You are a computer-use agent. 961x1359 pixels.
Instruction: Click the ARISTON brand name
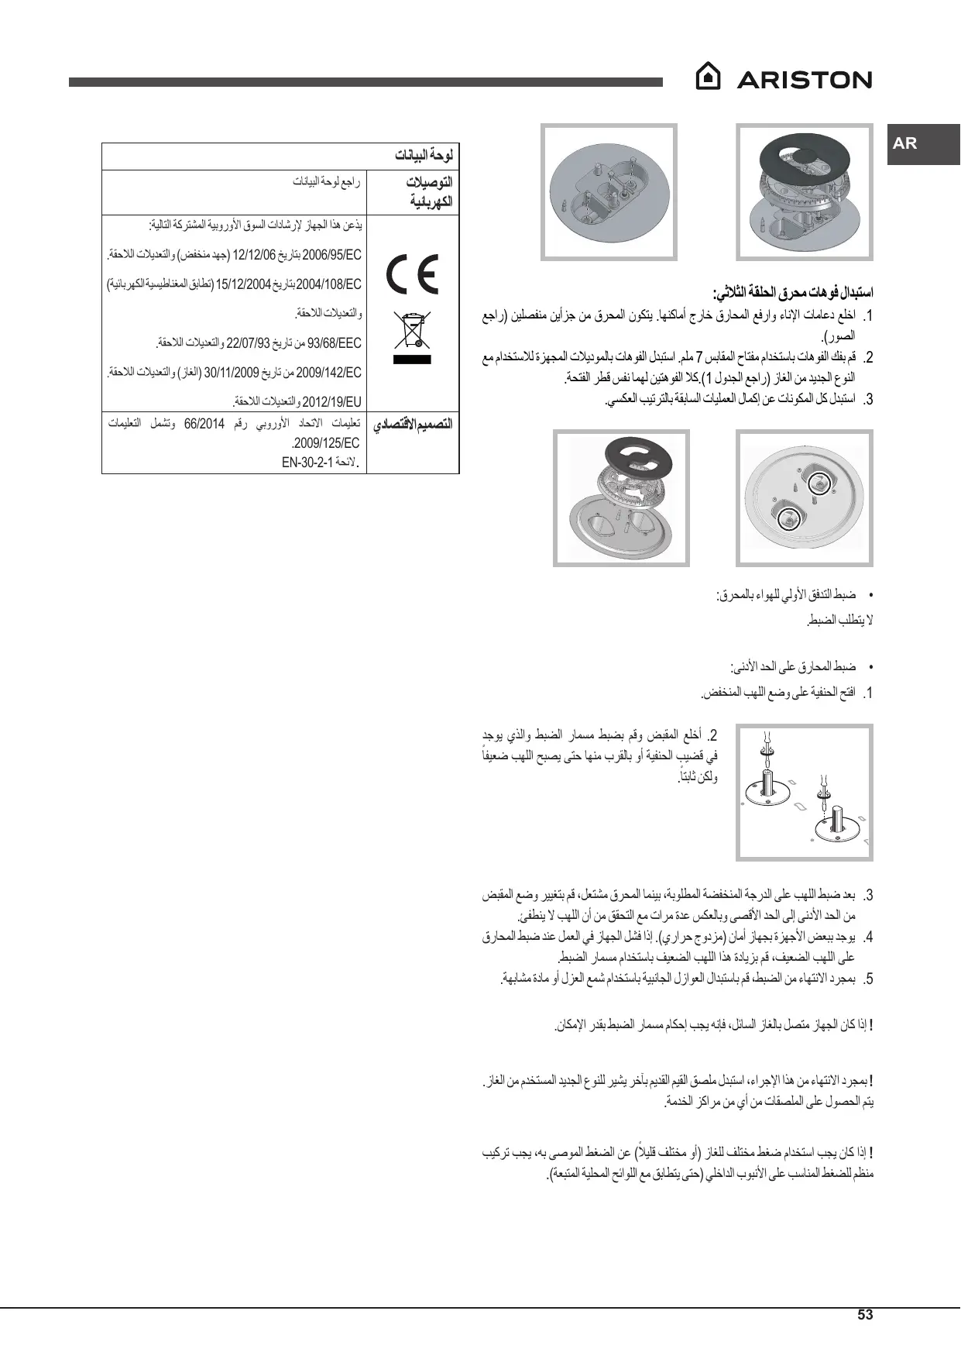click(x=804, y=80)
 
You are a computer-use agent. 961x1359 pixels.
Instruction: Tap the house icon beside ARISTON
click(x=708, y=77)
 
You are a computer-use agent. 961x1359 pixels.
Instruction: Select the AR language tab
click(x=905, y=143)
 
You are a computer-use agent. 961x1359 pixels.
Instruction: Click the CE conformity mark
click(x=413, y=274)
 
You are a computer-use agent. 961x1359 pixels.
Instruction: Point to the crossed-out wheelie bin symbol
click(x=411, y=332)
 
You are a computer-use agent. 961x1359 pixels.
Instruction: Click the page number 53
click(x=865, y=1314)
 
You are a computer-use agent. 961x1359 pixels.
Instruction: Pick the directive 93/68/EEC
click(x=335, y=342)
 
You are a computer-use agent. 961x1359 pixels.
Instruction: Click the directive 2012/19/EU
click(x=331, y=401)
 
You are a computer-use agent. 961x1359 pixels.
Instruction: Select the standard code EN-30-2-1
click(x=307, y=463)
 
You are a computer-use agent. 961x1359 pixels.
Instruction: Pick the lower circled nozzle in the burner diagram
click(x=788, y=516)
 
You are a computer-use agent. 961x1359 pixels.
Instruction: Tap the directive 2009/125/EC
click(x=326, y=444)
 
